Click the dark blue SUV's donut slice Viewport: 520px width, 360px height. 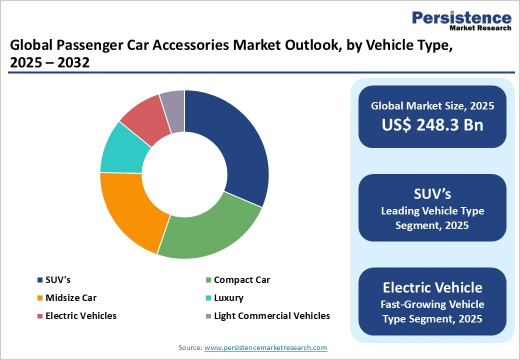[x=232, y=145]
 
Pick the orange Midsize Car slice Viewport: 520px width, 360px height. [x=131, y=210]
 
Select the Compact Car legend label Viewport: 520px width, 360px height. [x=242, y=280]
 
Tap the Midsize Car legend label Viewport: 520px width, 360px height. [x=71, y=298]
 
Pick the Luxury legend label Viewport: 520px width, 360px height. [x=228, y=298]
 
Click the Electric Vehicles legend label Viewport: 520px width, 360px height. [x=81, y=316]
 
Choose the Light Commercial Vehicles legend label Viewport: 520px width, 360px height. [x=272, y=316]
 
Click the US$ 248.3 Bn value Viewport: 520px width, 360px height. [x=432, y=124]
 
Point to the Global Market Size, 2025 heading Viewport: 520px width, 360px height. [x=432, y=106]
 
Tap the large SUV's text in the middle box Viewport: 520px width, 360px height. [x=432, y=194]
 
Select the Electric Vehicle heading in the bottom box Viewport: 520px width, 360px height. [x=432, y=287]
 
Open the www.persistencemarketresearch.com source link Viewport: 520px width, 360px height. [x=265, y=347]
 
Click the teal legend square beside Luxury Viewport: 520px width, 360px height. [x=208, y=298]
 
